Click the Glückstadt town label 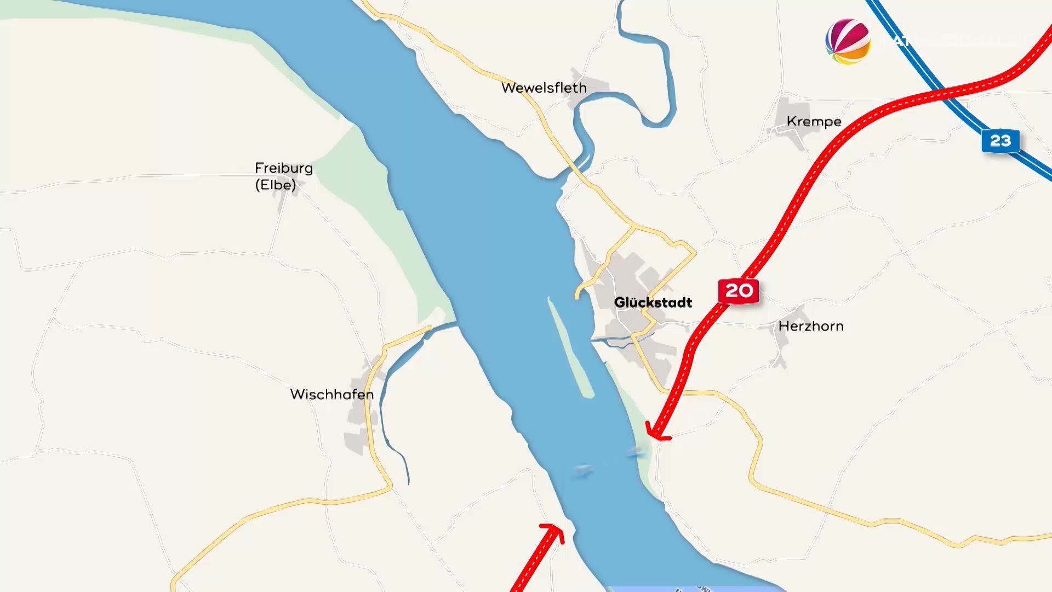tap(653, 303)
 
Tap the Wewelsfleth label tap(544, 88)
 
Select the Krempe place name tap(814, 121)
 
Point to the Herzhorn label tap(811, 326)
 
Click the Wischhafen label tap(331, 394)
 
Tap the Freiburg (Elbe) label tap(284, 176)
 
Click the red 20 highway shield tap(739, 291)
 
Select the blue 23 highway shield tap(1000, 141)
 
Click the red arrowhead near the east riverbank tap(655, 433)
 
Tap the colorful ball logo tap(848, 42)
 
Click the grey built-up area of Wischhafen tap(359, 428)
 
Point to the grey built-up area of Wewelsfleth tap(586, 85)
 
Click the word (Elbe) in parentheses tap(276, 185)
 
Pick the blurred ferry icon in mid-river tap(582, 470)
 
